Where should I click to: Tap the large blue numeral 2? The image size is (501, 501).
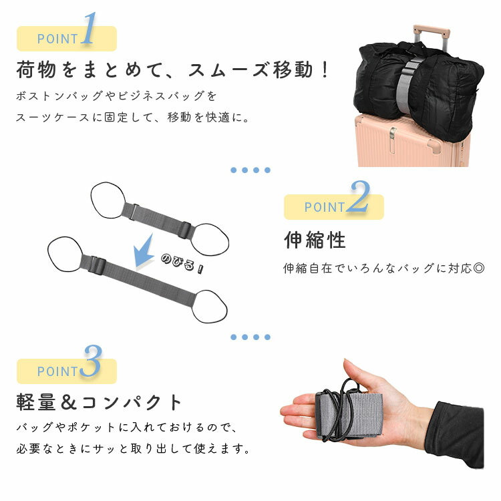click(359, 197)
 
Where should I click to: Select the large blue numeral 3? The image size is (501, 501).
click(92, 361)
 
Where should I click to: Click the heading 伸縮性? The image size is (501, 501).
click(315, 240)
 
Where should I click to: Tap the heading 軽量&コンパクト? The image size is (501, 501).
click(99, 402)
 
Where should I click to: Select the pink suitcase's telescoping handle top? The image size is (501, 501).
click(432, 31)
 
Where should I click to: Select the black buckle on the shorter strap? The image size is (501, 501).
click(185, 230)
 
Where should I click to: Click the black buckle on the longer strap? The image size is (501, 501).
click(98, 265)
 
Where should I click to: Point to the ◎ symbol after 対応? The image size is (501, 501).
click(478, 268)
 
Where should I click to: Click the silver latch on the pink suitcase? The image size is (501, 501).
click(392, 136)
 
